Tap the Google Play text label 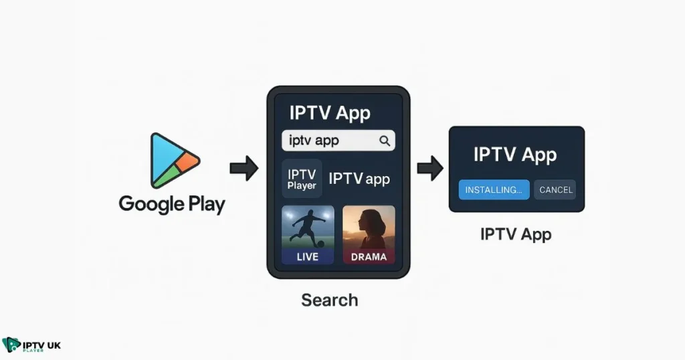click(172, 204)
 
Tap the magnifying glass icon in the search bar click(384, 141)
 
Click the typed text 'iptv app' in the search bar click(314, 141)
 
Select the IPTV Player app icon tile click(302, 179)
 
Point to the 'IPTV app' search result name click(359, 179)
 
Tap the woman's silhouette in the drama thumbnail click(369, 228)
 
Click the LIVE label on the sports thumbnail click(308, 256)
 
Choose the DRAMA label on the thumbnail click(369, 256)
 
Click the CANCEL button click(555, 189)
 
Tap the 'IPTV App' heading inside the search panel click(329, 112)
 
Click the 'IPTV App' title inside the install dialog click(515, 155)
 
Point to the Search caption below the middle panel click(329, 300)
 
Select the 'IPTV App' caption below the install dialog click(516, 234)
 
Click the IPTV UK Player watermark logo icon click(11, 345)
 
